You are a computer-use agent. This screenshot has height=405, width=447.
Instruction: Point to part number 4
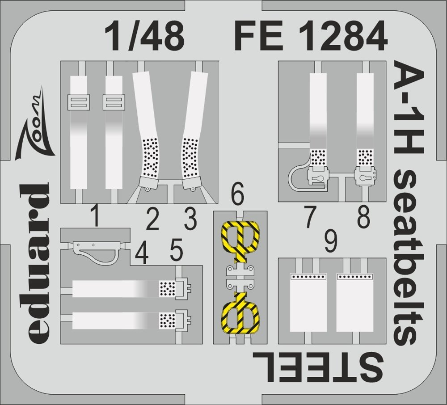[x=142, y=254]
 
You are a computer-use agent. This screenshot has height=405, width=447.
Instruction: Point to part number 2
[x=153, y=220]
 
